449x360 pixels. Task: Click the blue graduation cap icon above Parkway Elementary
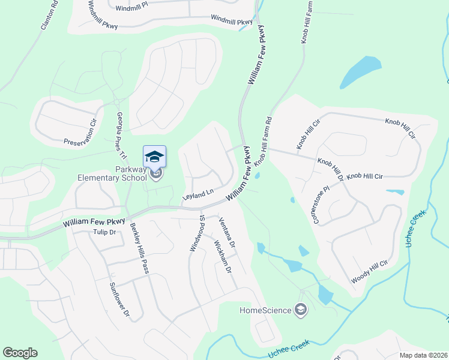(x=155, y=156)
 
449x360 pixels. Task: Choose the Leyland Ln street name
(x=197, y=194)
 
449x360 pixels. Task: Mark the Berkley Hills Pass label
(x=139, y=248)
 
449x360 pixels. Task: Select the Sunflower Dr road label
(x=118, y=299)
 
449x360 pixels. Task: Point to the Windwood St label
(x=197, y=233)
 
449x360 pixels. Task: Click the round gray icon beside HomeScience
(x=301, y=310)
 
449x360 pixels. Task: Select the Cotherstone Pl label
(x=321, y=205)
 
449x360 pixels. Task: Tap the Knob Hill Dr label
(x=330, y=170)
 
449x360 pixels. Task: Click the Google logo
(x=20, y=353)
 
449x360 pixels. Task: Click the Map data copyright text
(x=423, y=355)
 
